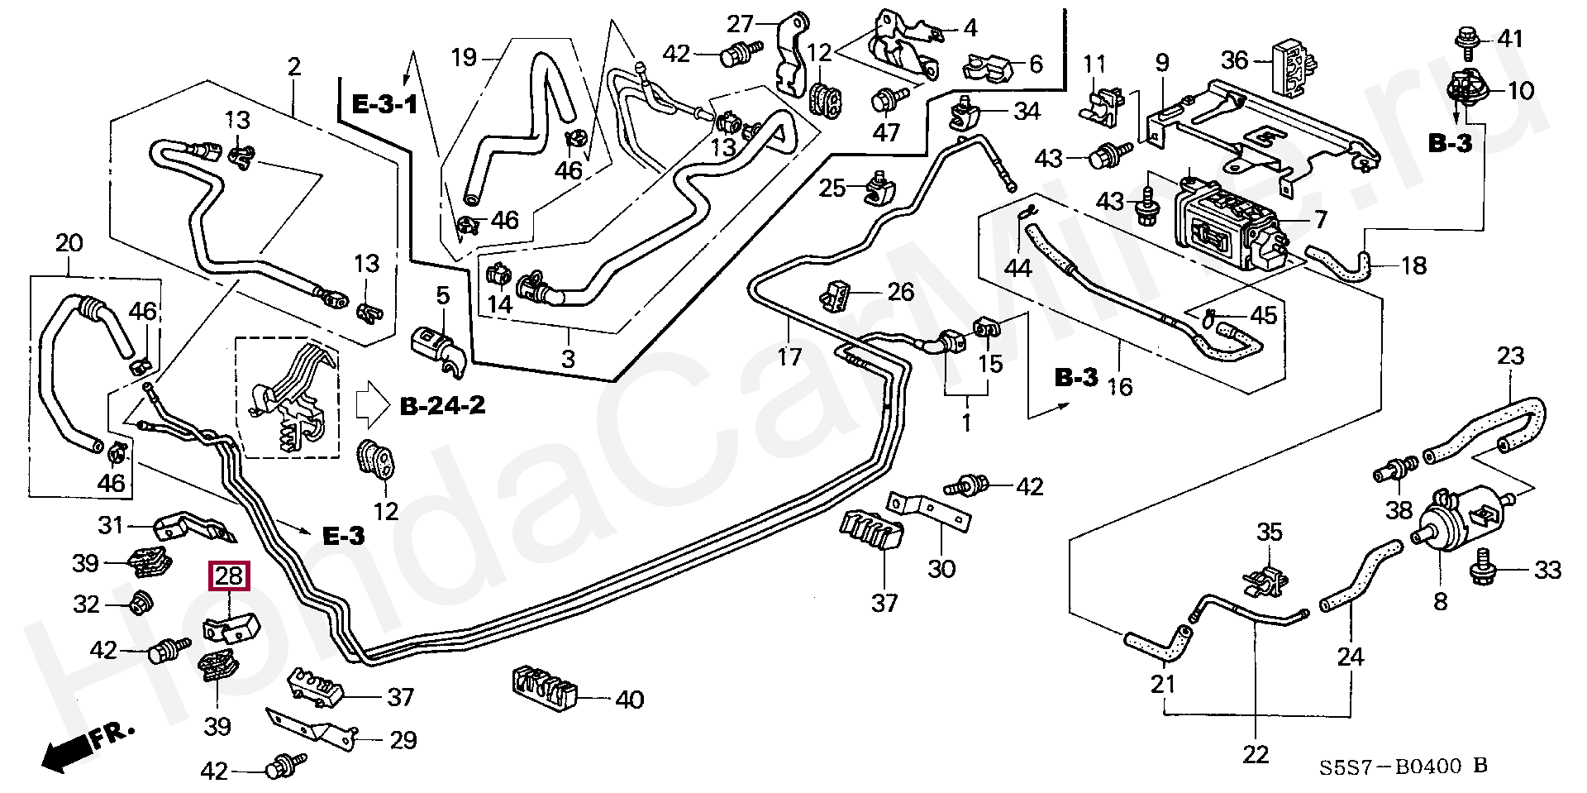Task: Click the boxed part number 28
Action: pos(229,576)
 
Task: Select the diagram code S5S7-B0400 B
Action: pos(1402,767)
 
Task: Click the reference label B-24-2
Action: pos(442,405)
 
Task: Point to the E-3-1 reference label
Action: pos(384,105)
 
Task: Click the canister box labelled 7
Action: pos(1230,223)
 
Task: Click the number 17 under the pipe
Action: pos(789,357)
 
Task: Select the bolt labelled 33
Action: pos(1483,569)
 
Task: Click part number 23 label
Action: pos(1510,357)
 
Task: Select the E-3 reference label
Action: pos(343,536)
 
